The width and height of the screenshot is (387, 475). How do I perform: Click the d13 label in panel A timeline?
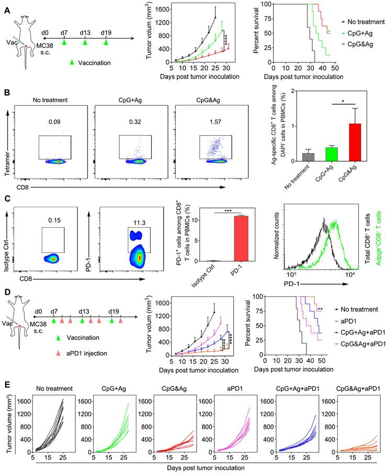(x=85, y=31)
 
